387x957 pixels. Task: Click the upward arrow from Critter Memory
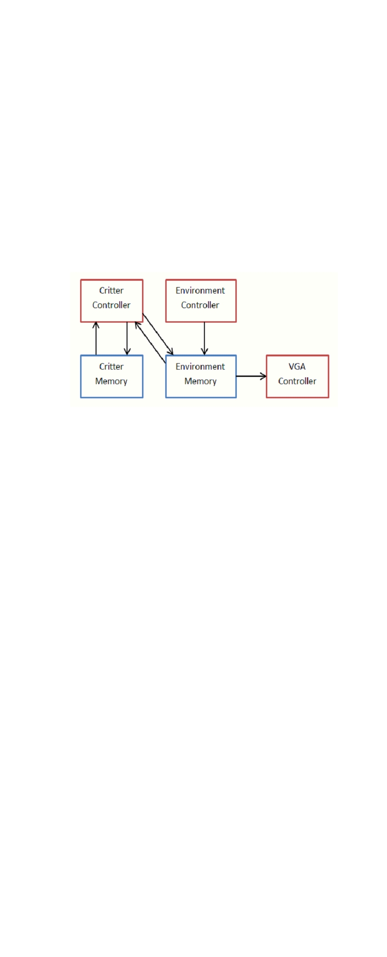(96, 339)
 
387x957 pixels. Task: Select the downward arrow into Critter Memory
(127, 339)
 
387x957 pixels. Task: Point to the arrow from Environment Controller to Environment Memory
(204, 339)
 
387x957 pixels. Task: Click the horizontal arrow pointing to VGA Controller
(251, 376)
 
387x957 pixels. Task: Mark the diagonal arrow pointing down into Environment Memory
(158, 334)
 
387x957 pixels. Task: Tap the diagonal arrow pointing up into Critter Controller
(150, 342)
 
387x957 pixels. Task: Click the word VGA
(297, 366)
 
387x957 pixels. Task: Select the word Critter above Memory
(112, 366)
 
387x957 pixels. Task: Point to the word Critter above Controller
(112, 290)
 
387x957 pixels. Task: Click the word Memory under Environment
(200, 381)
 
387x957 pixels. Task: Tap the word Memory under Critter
(111, 381)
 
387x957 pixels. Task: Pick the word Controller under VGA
(297, 381)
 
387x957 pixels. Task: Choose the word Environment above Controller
(200, 290)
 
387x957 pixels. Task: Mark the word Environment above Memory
(200, 366)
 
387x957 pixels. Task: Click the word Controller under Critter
(112, 305)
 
